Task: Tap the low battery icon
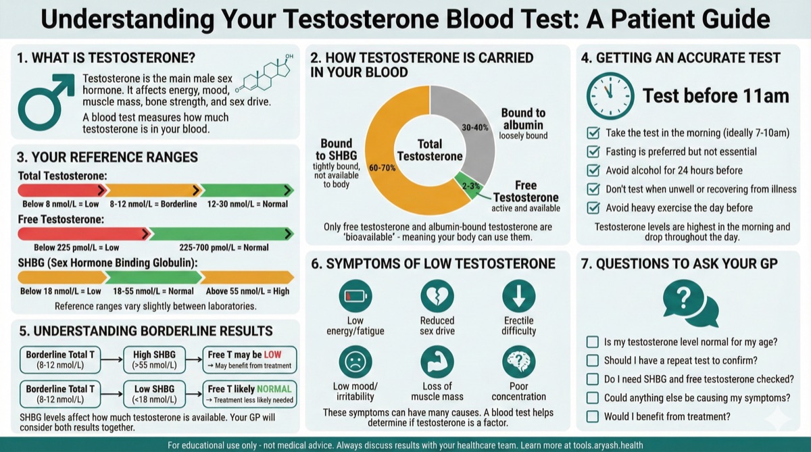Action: point(355,296)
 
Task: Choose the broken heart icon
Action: point(437,296)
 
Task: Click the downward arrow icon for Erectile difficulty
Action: point(518,296)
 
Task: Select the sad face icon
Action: point(355,362)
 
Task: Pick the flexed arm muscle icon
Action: point(437,362)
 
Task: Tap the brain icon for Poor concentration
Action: point(518,362)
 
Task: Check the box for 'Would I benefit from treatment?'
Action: point(593,417)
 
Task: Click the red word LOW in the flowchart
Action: point(272,354)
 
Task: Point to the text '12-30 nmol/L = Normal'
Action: point(248,204)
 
